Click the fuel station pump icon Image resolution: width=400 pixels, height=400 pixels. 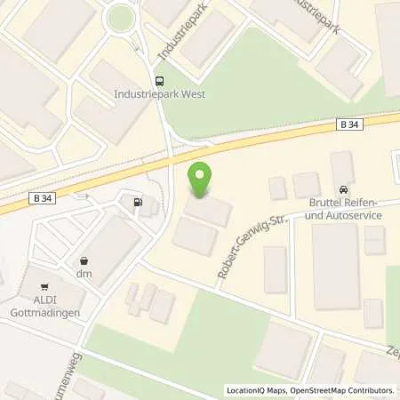pos(137,203)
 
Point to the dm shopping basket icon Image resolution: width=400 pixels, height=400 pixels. pos(84,261)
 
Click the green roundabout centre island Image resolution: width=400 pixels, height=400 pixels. pos(119,16)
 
